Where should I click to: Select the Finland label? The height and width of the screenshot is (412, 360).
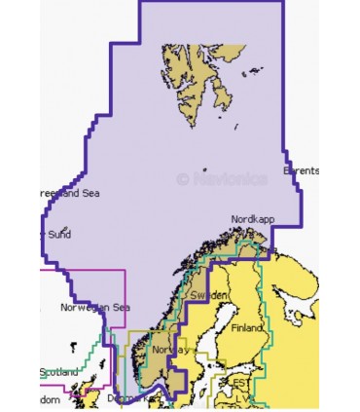click(247, 328)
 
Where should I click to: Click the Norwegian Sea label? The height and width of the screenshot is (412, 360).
click(95, 308)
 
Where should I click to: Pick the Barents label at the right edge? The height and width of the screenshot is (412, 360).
click(301, 170)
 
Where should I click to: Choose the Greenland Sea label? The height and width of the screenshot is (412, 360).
click(68, 193)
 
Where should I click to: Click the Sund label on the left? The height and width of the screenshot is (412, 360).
click(58, 234)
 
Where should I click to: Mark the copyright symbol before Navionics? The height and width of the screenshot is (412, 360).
click(182, 178)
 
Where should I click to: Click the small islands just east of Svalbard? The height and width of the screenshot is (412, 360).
click(256, 70)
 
